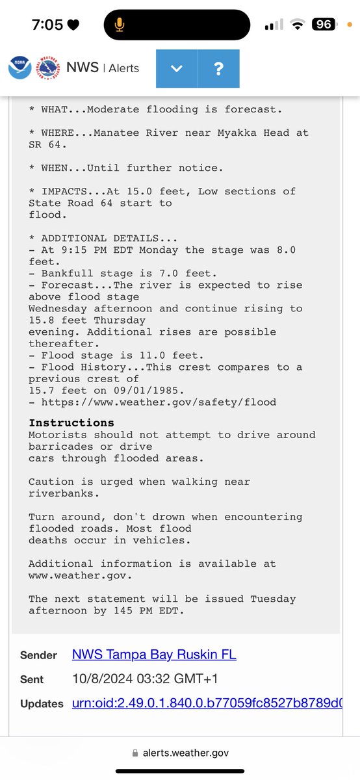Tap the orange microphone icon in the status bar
pyautogui.click(x=120, y=25)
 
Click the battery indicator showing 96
pyautogui.click(x=324, y=25)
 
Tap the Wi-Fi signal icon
pyautogui.click(x=298, y=25)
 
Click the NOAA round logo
pyautogui.click(x=19, y=68)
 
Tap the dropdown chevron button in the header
pyautogui.click(x=177, y=68)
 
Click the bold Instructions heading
pyautogui.click(x=71, y=422)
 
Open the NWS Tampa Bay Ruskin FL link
pyautogui.click(x=154, y=655)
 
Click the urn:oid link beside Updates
pyautogui.click(x=207, y=703)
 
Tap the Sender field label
pyautogui.click(x=38, y=655)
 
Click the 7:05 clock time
pyautogui.click(x=47, y=25)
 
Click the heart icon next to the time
pyautogui.click(x=73, y=25)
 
